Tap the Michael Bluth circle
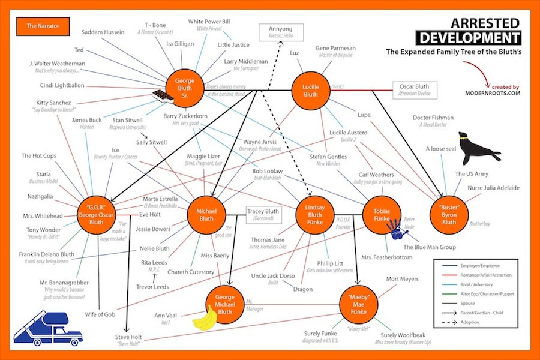click(x=205, y=216)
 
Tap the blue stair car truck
click(x=49, y=327)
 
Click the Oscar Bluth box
click(x=414, y=90)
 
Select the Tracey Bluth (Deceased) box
click(x=263, y=215)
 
